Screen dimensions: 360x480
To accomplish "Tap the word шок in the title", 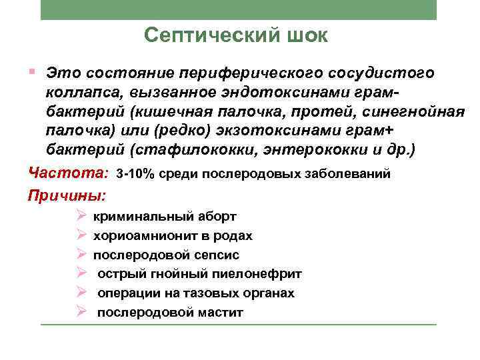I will [x=305, y=35].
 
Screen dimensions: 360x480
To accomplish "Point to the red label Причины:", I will [x=67, y=196].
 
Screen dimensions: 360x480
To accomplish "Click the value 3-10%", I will [x=135, y=175].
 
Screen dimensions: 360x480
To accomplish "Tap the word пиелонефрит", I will [x=261, y=274].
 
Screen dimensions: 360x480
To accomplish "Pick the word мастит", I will [x=220, y=313].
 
